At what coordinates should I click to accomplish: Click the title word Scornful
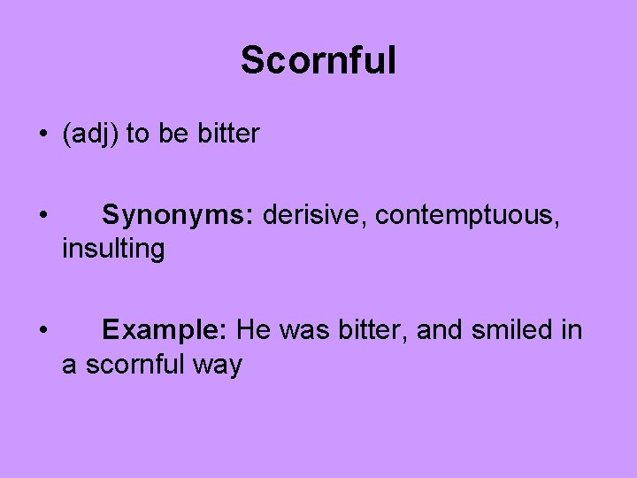tap(318, 61)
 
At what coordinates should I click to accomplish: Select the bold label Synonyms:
tap(179, 215)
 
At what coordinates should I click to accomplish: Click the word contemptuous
tap(467, 215)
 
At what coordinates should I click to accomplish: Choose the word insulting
tap(113, 250)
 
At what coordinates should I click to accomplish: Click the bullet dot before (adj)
tap(42, 135)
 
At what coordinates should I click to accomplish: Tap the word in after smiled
tap(571, 331)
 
